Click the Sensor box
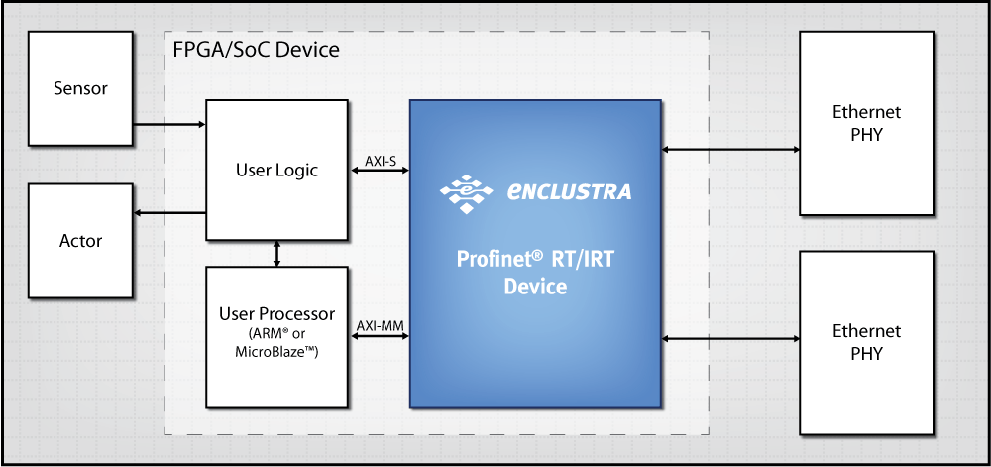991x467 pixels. point(80,88)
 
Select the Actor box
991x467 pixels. point(80,240)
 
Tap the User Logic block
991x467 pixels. point(276,170)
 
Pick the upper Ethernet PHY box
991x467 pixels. point(866,123)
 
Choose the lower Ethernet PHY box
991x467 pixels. point(866,342)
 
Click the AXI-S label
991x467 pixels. point(380,159)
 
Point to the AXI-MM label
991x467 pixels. point(380,324)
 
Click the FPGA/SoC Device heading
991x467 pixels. point(250,50)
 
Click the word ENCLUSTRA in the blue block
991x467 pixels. point(568,191)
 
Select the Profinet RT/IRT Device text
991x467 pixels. point(535,274)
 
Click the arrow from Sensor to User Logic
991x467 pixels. point(168,125)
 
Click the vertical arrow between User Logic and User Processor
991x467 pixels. point(277,253)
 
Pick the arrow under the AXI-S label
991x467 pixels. point(380,171)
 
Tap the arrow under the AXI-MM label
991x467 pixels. point(380,336)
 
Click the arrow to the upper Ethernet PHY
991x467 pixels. point(730,150)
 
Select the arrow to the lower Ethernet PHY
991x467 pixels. point(730,339)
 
